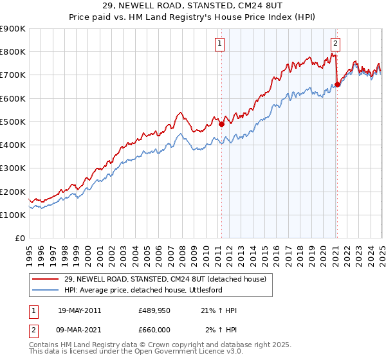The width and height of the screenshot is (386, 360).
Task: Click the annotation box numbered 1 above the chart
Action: (x=220, y=44)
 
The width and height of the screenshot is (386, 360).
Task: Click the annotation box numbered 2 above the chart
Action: (x=336, y=44)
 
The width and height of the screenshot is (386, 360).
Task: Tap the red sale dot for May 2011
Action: (x=221, y=124)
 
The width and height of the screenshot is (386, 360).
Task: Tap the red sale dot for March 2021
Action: (x=337, y=84)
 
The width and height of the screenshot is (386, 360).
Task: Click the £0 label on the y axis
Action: (x=19, y=239)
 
